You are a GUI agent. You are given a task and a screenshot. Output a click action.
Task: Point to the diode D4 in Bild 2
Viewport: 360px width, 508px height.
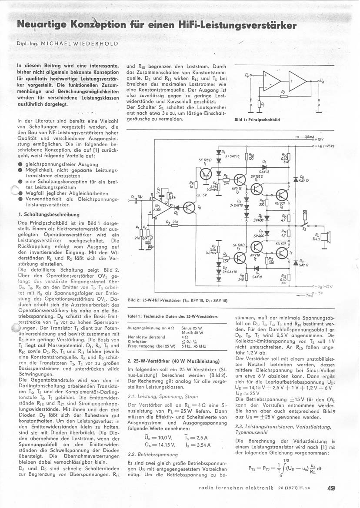(264, 166)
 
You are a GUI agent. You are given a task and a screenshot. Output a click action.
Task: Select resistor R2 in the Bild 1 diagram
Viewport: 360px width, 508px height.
(283, 96)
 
